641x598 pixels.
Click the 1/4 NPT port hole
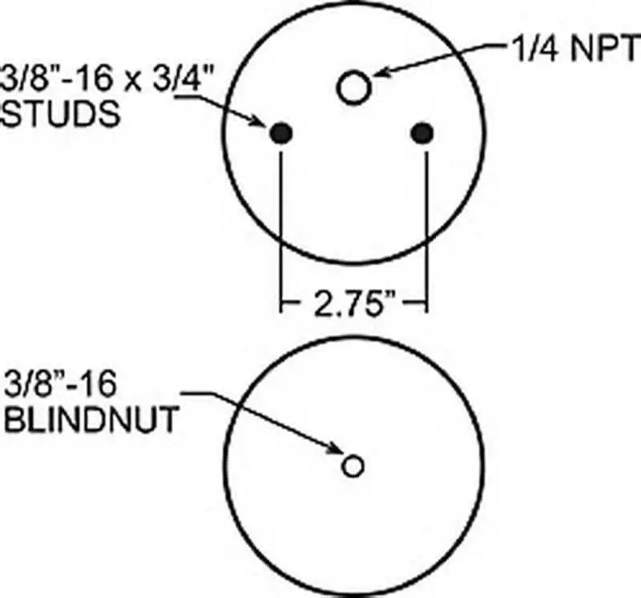coord(353,87)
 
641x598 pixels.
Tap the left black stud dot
coord(280,134)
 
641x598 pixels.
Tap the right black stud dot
coord(421,134)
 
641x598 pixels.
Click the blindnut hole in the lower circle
coord(353,465)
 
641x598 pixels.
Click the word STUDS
coord(62,115)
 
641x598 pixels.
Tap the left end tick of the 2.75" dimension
coord(280,305)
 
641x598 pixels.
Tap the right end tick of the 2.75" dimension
coord(425,305)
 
